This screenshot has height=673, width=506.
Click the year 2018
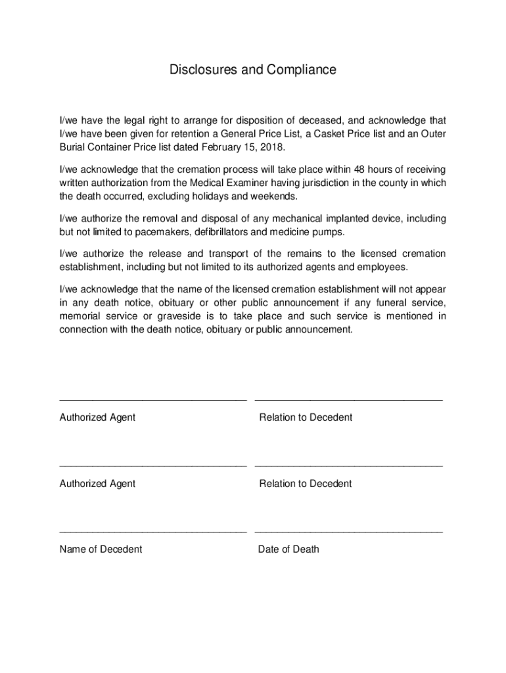coord(273,147)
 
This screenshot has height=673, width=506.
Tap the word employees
coord(383,267)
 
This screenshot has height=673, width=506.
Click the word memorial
coord(80,316)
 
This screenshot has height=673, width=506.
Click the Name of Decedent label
coord(101,549)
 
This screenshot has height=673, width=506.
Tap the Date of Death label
coord(288,549)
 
